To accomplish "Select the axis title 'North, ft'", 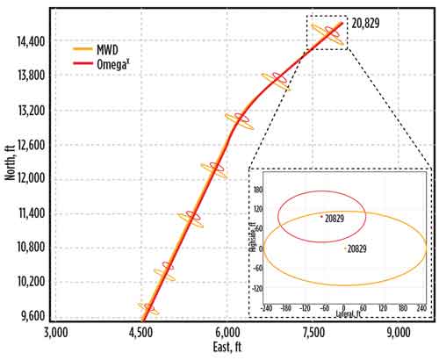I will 10,182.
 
